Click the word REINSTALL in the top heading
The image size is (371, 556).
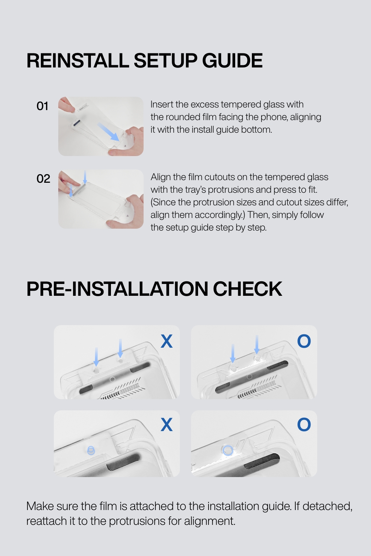[78, 60]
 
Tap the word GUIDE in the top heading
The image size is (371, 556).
[232, 60]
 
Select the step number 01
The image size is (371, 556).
[42, 106]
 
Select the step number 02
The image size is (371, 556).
[43, 179]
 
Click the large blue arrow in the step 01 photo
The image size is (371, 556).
[108, 132]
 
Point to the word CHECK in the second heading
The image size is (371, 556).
[247, 289]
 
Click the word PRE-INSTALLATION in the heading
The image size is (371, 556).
[117, 289]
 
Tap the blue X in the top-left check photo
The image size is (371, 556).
[167, 341]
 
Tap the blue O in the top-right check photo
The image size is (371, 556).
[304, 341]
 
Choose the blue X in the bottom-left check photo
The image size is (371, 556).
[167, 424]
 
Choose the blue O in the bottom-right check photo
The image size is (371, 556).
[304, 424]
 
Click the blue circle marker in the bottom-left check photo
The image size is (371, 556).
[91, 450]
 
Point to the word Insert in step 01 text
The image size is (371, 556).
[162, 105]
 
